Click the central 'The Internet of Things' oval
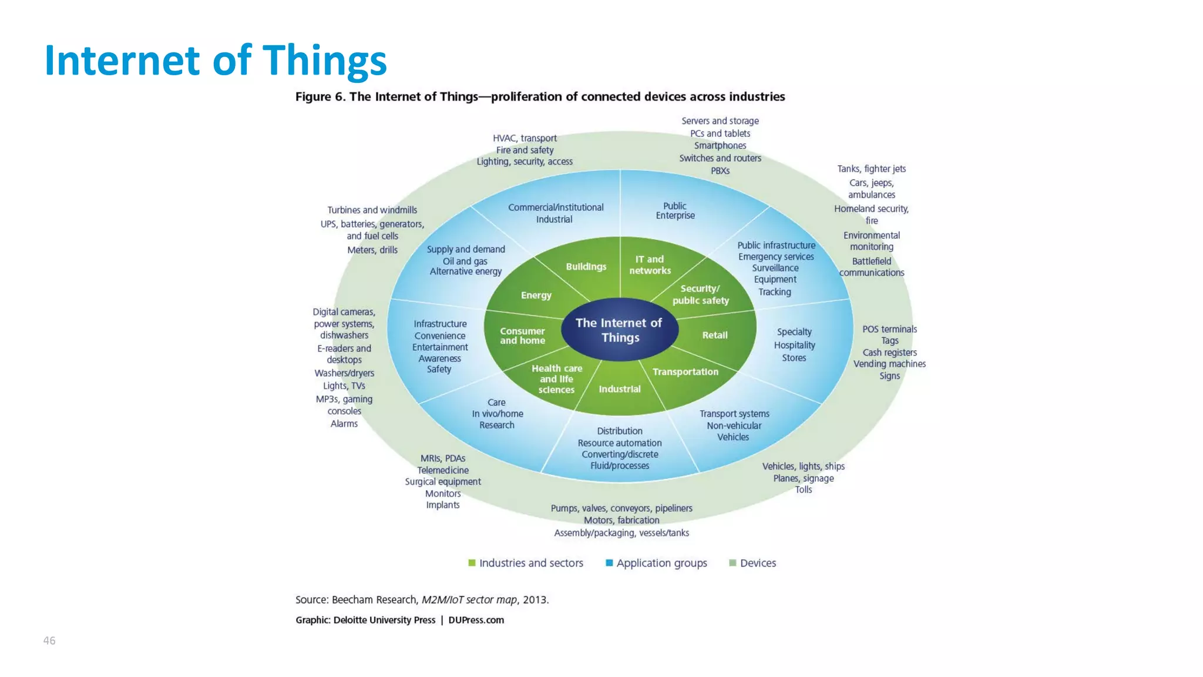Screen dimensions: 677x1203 (619, 330)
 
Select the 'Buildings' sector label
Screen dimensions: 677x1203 (586, 266)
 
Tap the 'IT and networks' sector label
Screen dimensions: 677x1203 (650, 264)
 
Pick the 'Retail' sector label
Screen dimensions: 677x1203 (714, 335)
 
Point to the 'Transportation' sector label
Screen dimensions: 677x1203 (685, 371)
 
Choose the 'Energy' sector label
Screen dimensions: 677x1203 (536, 295)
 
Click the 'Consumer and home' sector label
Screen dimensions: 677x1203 (522, 336)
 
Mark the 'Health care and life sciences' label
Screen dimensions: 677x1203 (556, 378)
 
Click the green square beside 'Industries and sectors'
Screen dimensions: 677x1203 (472, 563)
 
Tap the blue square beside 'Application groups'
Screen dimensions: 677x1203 (609, 563)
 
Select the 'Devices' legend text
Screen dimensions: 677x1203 (758, 563)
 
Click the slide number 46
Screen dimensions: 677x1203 (49, 641)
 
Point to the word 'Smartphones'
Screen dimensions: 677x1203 (720, 146)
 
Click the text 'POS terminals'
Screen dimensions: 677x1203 (889, 329)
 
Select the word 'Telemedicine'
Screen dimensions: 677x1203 (443, 470)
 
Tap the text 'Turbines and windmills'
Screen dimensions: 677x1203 (372, 210)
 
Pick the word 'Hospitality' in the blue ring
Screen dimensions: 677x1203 (794, 345)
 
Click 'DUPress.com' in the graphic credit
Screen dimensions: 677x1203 (476, 620)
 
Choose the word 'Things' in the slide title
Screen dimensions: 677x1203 (324, 61)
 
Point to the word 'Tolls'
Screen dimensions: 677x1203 (803, 490)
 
